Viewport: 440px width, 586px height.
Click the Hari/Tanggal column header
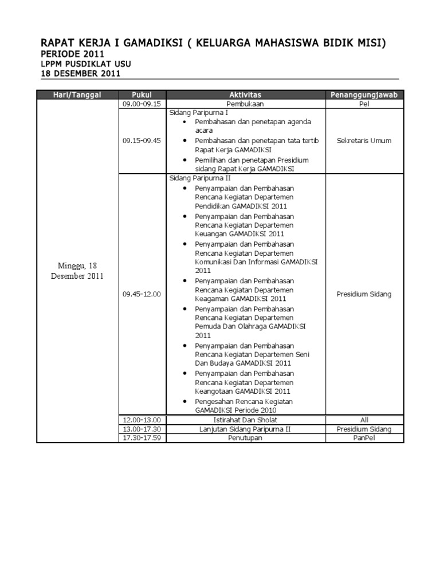77,94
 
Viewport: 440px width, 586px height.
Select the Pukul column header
142,94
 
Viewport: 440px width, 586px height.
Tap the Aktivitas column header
245,94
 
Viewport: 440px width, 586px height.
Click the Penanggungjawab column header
364,94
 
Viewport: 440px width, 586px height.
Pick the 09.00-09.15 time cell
142,104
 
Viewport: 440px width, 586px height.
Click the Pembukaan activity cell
245,104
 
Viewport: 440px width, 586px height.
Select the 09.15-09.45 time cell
142,141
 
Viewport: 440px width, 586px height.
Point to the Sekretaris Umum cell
364,141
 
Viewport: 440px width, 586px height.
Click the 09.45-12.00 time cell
142,294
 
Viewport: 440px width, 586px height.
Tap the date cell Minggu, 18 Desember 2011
77,271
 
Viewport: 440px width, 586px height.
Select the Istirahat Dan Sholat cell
245,420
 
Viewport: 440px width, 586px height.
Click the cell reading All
364,420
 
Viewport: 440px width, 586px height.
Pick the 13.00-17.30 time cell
142,429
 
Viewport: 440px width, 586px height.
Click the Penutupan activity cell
245,438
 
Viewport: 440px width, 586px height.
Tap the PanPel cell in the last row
364,438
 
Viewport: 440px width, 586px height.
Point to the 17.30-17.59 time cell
142,438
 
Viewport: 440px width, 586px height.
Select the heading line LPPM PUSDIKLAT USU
82,64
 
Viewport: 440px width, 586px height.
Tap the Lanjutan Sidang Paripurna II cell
245,429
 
